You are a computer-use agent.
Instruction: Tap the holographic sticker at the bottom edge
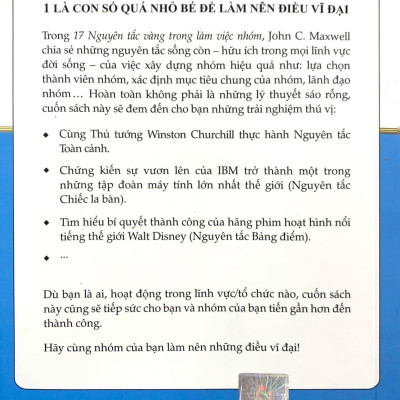200,386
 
